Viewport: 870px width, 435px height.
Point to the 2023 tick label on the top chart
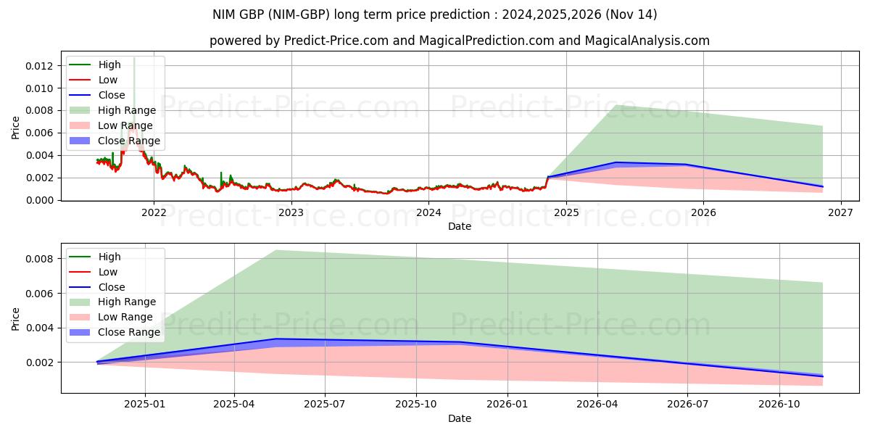point(291,212)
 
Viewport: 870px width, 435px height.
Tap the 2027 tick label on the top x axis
point(840,212)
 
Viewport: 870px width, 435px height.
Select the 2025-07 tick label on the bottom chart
point(325,404)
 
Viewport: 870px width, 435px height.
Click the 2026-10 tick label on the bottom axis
point(779,404)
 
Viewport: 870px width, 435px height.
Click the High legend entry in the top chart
point(109,65)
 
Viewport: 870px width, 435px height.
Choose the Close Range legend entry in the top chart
point(129,141)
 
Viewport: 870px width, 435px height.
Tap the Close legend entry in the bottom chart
point(112,287)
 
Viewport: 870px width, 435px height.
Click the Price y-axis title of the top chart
point(16,128)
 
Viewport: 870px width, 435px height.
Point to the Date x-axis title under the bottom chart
point(460,418)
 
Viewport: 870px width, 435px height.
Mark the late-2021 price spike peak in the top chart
point(134,58)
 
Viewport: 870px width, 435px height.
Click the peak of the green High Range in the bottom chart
point(275,250)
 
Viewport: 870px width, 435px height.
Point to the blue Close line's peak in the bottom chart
point(275,339)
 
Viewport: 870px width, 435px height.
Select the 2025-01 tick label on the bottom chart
point(145,404)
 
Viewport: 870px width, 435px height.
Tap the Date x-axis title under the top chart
point(460,226)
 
